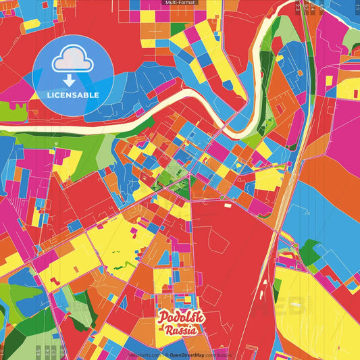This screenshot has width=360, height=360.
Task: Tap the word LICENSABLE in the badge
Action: click(x=73, y=95)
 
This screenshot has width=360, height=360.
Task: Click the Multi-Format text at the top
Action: click(x=180, y=3)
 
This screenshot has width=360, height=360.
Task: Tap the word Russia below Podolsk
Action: click(x=181, y=331)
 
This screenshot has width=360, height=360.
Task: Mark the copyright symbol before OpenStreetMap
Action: click(x=165, y=355)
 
